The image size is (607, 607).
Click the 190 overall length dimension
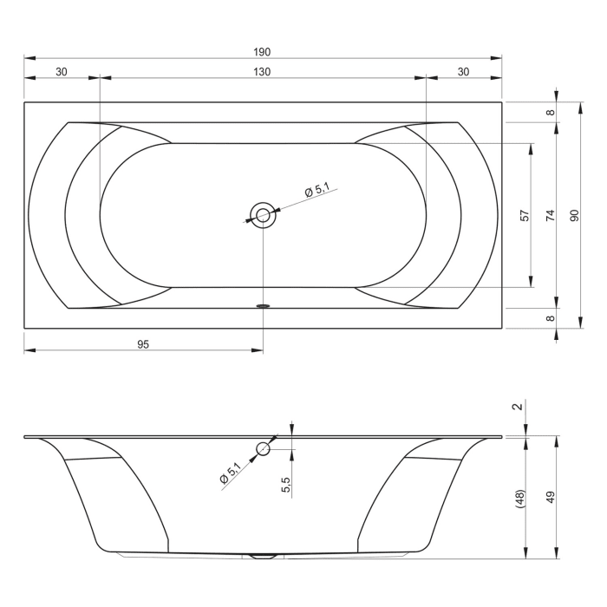(x=263, y=52)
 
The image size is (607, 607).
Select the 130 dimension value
(x=263, y=72)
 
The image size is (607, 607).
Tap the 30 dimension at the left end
(x=62, y=72)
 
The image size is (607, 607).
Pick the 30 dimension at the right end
(x=464, y=72)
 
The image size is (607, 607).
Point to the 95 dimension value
(x=143, y=344)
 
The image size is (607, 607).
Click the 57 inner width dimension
(x=525, y=215)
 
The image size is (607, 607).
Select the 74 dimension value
(x=550, y=215)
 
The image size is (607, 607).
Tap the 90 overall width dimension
(x=574, y=215)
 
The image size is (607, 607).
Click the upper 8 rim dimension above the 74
(x=550, y=112)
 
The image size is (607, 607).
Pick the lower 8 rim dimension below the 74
(x=550, y=318)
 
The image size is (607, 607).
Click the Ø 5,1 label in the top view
(x=317, y=191)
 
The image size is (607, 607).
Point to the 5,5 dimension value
(x=285, y=484)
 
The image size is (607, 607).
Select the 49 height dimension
(x=550, y=498)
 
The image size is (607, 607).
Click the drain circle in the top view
(x=263, y=214)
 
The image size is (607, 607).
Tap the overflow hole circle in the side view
(x=263, y=449)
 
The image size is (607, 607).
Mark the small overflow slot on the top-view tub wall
(x=263, y=305)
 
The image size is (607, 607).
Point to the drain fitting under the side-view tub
(x=263, y=556)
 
